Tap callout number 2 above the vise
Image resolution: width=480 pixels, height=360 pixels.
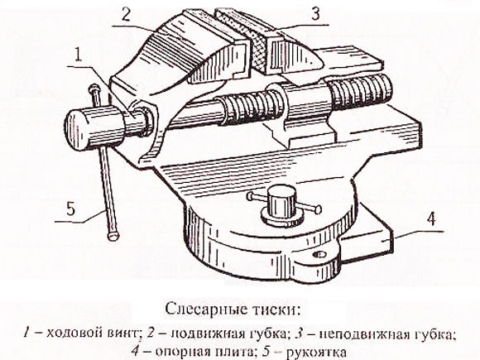tap(127, 13)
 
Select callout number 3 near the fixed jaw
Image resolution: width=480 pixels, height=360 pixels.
tap(315, 14)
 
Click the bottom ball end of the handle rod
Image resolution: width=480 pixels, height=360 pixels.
tap(113, 236)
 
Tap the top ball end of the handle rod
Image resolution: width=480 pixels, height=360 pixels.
tap(94, 89)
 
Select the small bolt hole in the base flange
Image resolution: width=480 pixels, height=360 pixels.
tap(319, 254)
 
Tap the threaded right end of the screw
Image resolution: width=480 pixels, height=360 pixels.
tap(361, 91)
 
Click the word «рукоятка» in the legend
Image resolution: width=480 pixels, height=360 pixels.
tap(315, 353)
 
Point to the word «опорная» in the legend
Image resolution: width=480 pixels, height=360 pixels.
tap(179, 352)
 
